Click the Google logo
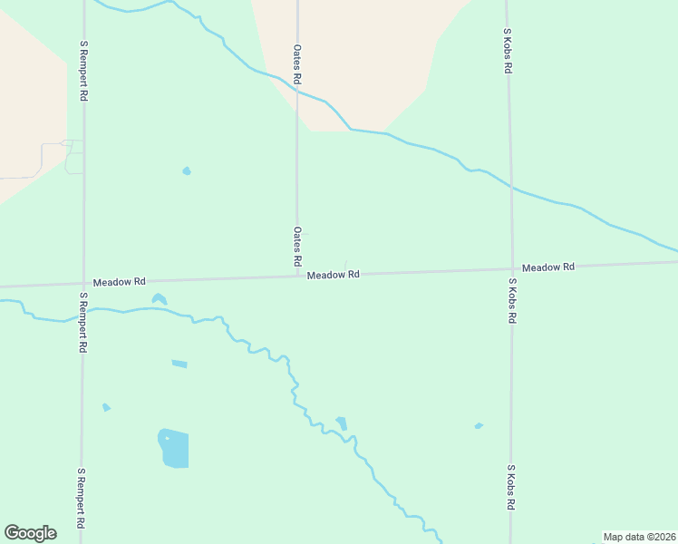click(x=30, y=533)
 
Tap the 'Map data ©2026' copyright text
click(x=639, y=537)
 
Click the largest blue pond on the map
click(x=174, y=448)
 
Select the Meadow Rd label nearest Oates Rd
click(x=333, y=275)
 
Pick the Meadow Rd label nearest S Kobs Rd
click(x=548, y=267)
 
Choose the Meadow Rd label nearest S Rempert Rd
click(x=119, y=282)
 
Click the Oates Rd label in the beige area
click(x=296, y=64)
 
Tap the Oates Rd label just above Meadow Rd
click(x=296, y=247)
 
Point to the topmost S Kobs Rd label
click(x=508, y=50)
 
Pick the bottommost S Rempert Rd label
click(x=82, y=499)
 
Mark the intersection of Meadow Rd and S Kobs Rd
click(x=511, y=268)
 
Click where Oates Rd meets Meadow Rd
click(x=297, y=276)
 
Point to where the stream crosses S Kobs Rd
click(x=511, y=189)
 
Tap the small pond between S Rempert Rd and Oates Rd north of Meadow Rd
click(x=187, y=170)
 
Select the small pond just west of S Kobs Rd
click(x=478, y=425)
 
